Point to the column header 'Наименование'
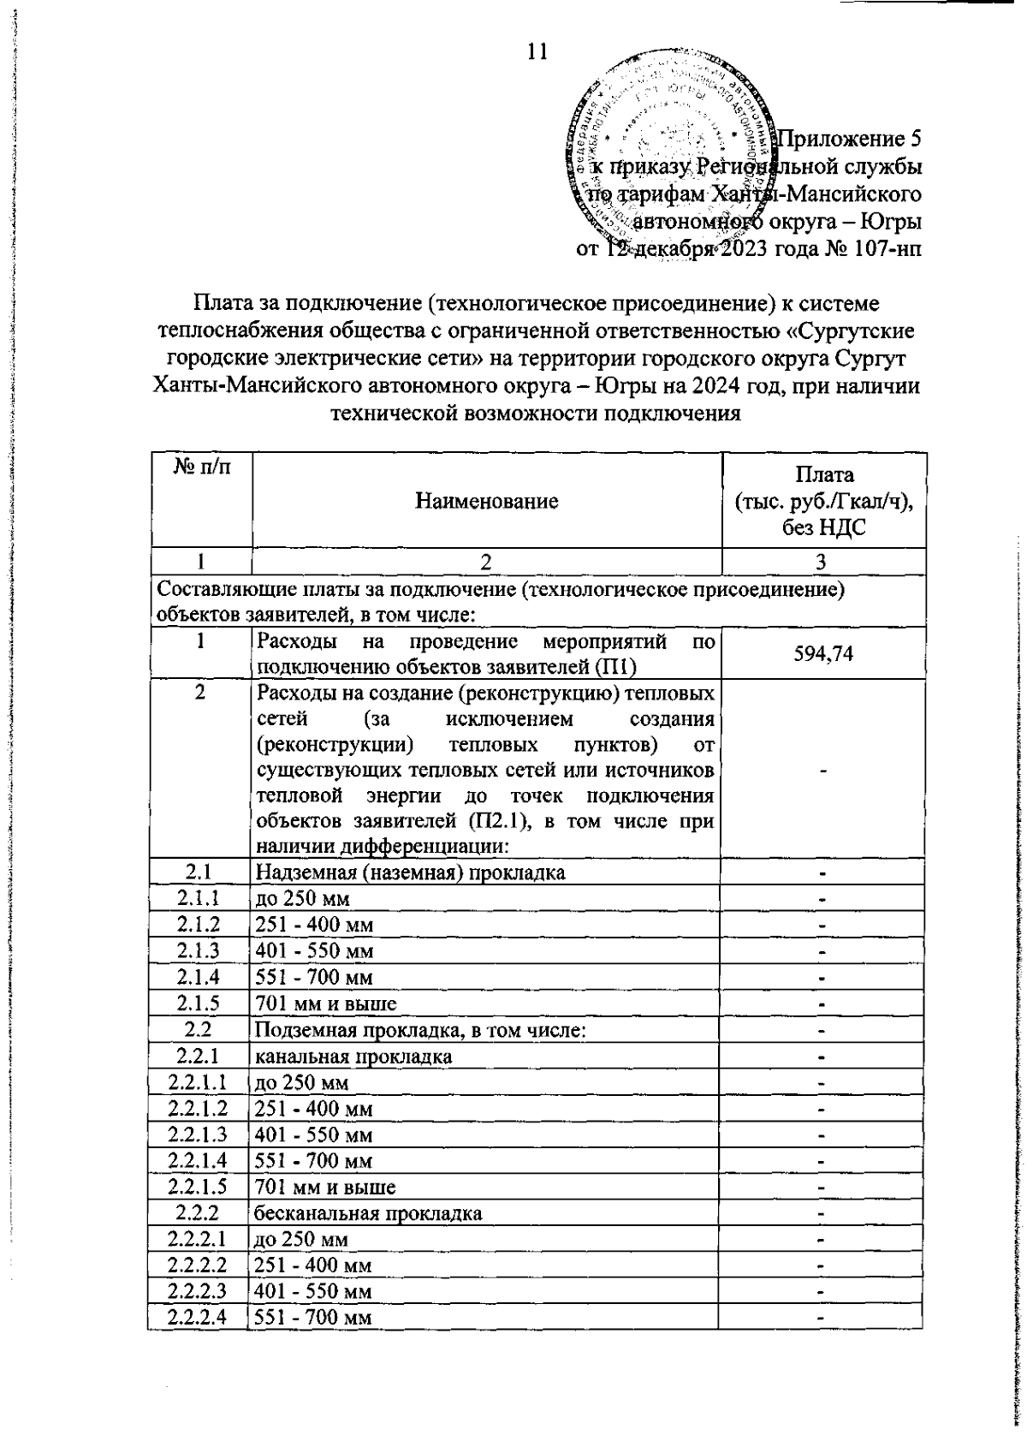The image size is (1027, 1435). pos(486,501)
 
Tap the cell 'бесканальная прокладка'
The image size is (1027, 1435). pos(368,1212)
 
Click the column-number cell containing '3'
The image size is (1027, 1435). pos(821,562)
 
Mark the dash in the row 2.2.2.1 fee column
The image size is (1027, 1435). pos(821,1240)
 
